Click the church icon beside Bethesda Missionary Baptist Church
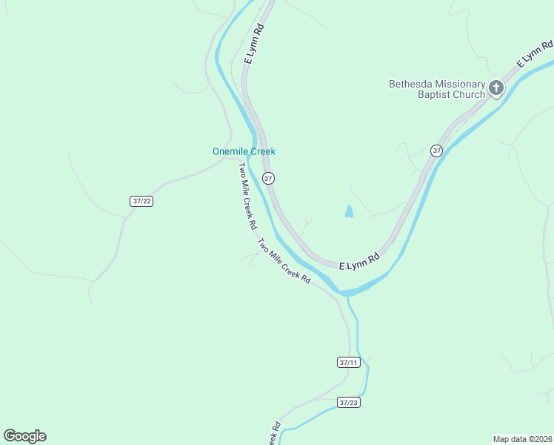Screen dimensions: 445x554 point(495,89)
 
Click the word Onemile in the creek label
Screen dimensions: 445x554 point(230,151)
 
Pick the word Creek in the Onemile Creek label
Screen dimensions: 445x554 point(262,151)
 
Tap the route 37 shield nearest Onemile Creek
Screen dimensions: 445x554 point(268,178)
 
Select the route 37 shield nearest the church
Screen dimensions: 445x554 point(436,151)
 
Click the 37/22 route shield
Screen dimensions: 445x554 point(141,201)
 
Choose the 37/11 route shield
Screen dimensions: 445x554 point(347,363)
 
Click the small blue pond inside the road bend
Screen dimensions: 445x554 point(349,211)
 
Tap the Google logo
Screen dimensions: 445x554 point(24,436)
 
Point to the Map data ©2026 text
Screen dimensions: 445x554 point(522,439)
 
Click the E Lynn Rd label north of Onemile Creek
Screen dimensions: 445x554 point(253,43)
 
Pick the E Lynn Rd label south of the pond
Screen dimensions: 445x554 point(359,261)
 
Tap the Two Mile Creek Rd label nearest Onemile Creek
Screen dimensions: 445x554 point(247,195)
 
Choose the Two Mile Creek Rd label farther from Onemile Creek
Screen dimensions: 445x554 point(284,260)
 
